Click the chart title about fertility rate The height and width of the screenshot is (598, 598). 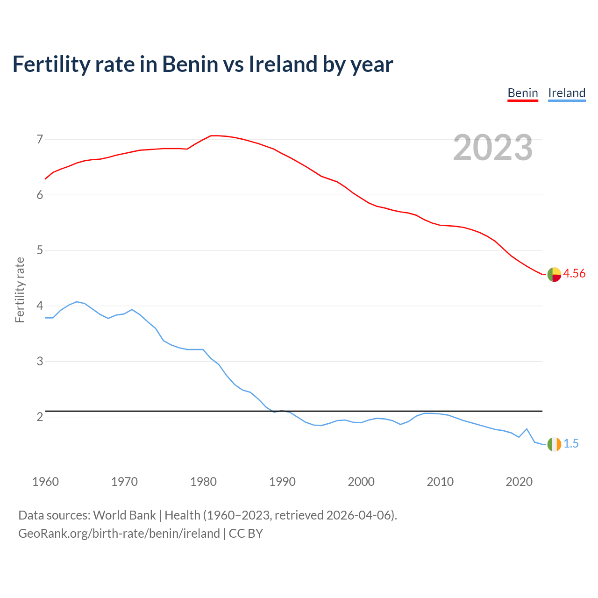tap(202, 64)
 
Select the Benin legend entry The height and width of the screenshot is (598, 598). tap(523, 93)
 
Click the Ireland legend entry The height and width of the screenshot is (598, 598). tap(567, 93)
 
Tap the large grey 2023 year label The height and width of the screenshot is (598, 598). tap(493, 148)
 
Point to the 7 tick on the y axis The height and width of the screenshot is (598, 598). tap(40, 139)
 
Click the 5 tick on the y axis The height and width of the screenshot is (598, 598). tap(40, 250)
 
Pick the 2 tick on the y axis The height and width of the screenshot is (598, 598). tap(40, 417)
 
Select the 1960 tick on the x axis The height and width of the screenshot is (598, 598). tap(45, 482)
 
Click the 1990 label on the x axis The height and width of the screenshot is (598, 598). tap(282, 482)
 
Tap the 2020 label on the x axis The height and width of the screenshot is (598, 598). tap(519, 482)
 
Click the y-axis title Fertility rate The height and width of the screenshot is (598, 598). tap(20, 290)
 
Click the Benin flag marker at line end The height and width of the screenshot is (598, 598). tap(554, 275)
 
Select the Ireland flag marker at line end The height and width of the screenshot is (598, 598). tap(554, 444)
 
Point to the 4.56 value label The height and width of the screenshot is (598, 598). tap(574, 274)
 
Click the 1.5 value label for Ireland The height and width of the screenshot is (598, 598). tap(571, 444)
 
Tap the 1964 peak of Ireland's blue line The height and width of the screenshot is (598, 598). tap(77, 302)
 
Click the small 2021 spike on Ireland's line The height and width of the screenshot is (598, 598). tap(527, 429)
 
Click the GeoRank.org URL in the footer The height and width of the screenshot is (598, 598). tap(119, 534)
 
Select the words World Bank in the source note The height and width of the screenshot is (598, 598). tap(124, 515)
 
